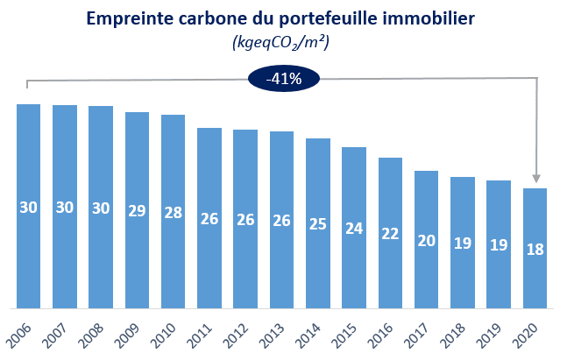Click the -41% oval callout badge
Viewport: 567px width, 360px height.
coord(284,79)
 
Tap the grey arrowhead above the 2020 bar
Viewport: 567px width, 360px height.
coord(535,176)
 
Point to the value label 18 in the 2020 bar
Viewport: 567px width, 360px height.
coord(535,249)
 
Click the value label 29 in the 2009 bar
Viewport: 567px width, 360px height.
coord(137,212)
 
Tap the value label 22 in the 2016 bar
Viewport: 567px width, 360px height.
coord(389,233)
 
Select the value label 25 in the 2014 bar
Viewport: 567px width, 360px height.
coord(317,222)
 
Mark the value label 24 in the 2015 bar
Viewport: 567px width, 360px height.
coord(353,228)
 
